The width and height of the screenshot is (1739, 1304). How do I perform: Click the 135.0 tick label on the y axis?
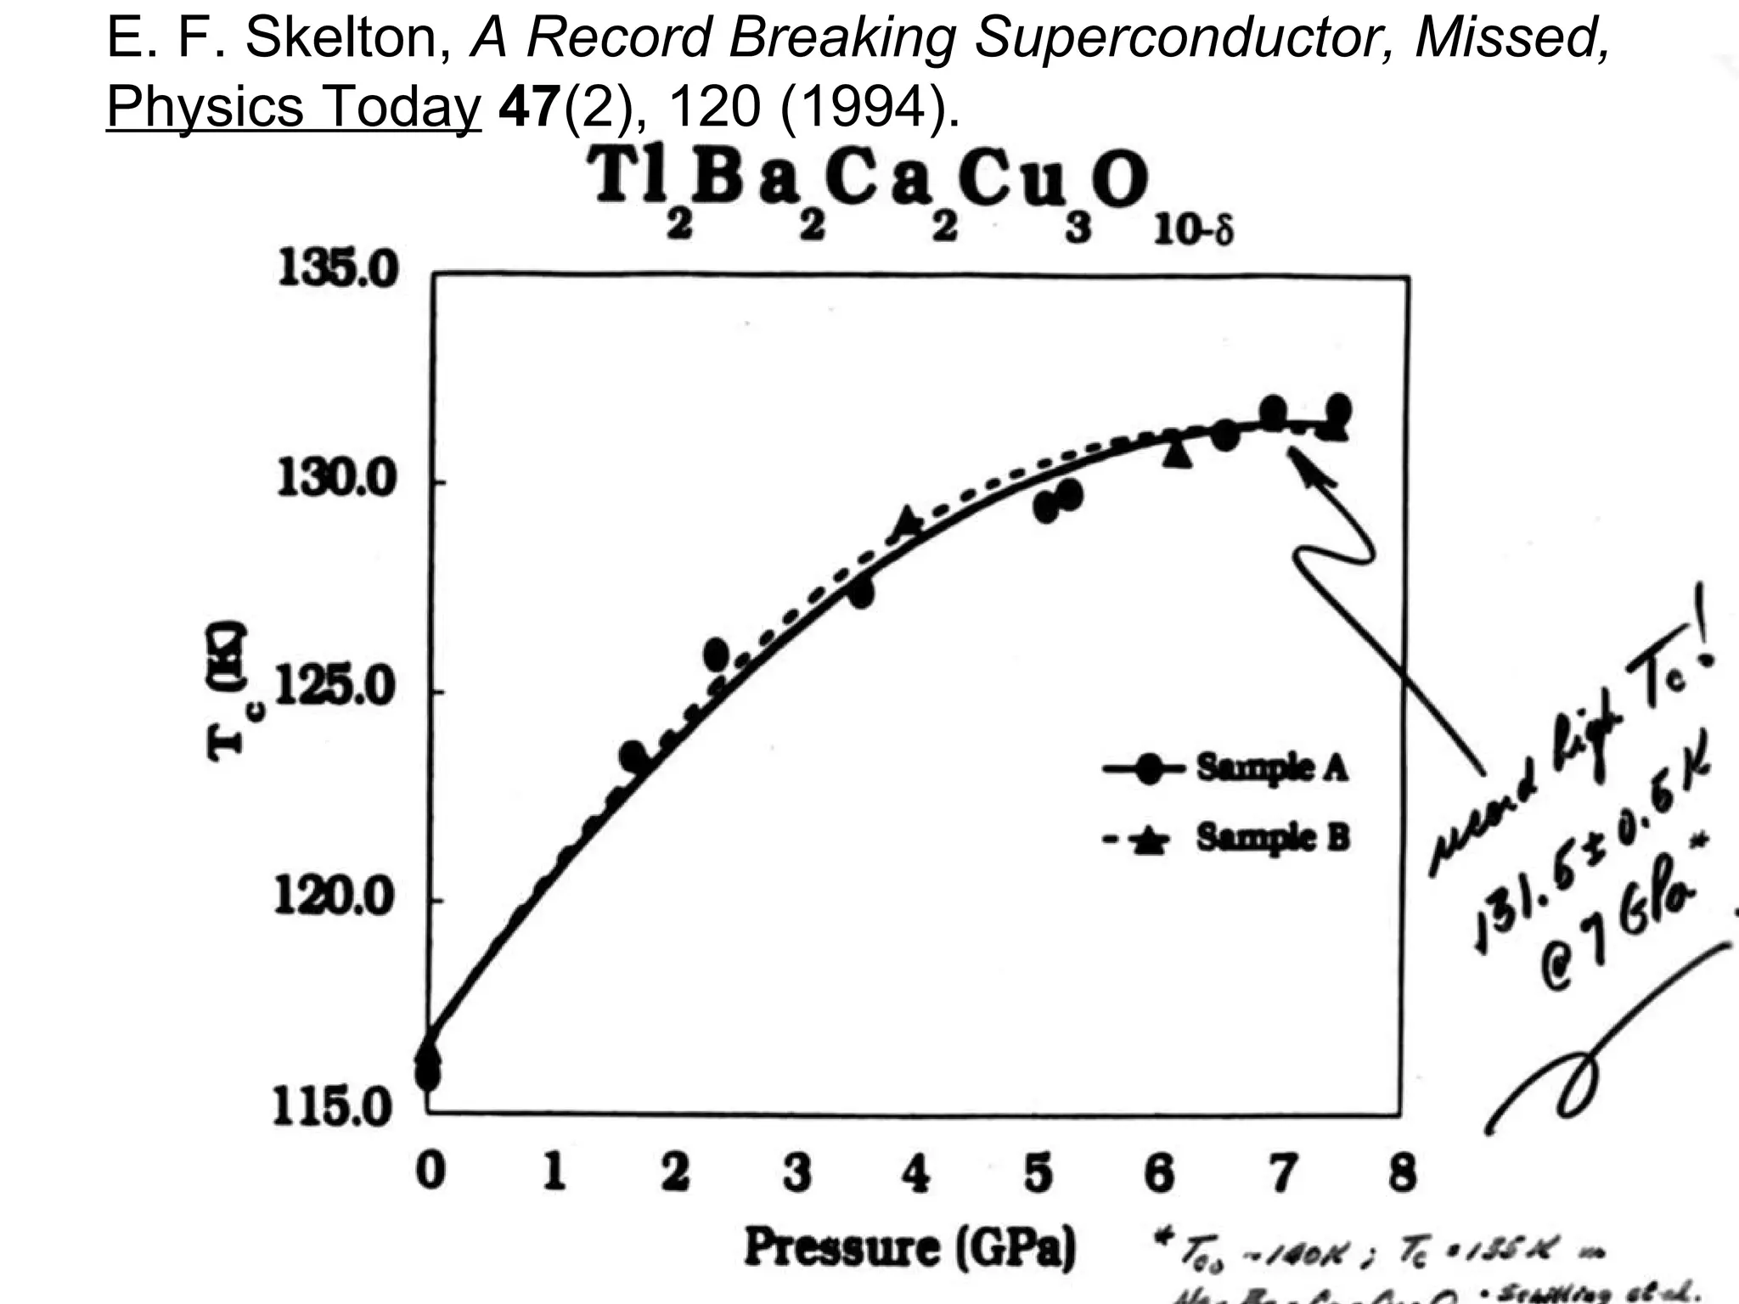click(337, 270)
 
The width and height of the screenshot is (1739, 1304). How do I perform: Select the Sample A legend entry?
click(1271, 767)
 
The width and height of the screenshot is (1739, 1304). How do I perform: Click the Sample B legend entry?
click(1272, 838)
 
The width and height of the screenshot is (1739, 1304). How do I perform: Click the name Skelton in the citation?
click(348, 37)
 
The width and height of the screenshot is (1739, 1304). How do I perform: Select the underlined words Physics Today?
click(294, 107)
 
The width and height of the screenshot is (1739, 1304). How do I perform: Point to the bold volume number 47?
click(530, 107)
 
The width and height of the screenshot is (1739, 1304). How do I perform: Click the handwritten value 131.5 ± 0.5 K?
click(1588, 849)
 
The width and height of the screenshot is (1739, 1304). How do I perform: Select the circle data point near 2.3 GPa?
click(716, 654)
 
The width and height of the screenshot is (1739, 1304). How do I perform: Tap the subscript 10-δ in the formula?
click(1192, 230)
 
